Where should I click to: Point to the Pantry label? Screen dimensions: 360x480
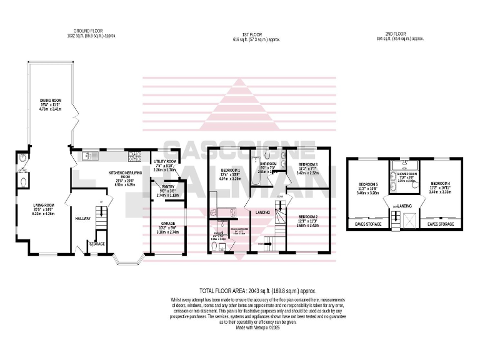point(167,186)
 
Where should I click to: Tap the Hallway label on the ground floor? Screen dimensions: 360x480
point(83,218)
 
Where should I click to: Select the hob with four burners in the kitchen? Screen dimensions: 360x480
point(133,155)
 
